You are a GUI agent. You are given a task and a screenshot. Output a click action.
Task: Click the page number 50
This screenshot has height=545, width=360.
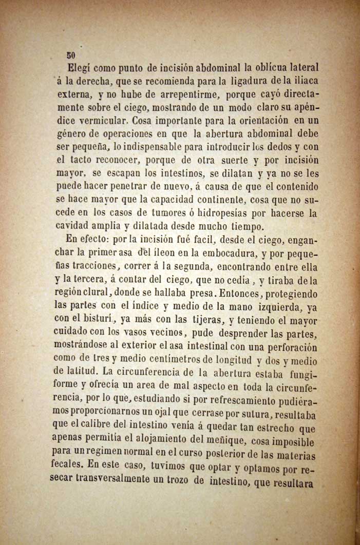[x=71, y=55]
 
